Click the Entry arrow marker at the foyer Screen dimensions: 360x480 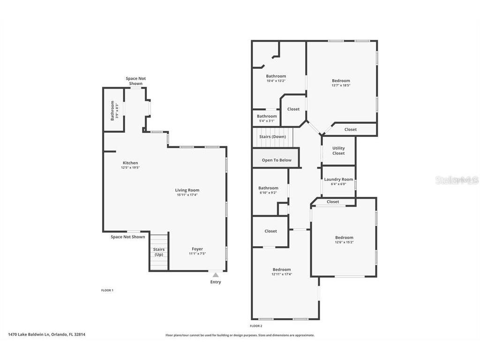(216, 275)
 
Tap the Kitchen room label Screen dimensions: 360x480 (130, 163)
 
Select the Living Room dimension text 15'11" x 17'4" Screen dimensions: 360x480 (187, 195)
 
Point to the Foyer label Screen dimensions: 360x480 (197, 249)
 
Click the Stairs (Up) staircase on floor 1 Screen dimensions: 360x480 (159, 252)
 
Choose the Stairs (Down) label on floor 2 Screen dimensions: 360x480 (272, 137)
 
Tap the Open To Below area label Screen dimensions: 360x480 (277, 160)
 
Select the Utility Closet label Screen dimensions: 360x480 (338, 150)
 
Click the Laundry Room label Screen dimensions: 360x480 (338, 180)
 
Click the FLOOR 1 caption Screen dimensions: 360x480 (107, 291)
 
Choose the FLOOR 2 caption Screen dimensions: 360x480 (256, 326)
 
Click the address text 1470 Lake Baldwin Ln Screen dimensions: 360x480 (46, 335)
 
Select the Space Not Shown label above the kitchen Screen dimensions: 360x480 (136, 81)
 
